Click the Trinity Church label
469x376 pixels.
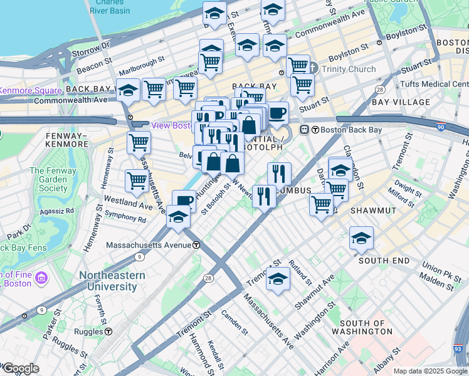click(350, 70)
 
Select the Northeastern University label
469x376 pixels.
click(112, 281)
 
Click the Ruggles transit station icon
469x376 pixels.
click(109, 331)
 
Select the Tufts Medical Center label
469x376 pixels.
click(433, 84)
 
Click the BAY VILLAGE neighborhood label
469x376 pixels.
click(401, 102)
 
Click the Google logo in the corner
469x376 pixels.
click(21, 368)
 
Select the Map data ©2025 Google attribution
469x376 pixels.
click(430, 371)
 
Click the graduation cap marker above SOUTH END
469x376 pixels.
click(362, 238)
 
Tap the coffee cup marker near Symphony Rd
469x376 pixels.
click(184, 201)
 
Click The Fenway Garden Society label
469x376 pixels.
click(48, 179)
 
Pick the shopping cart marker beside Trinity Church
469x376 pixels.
click(298, 65)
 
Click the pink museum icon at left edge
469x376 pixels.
click(42, 277)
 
